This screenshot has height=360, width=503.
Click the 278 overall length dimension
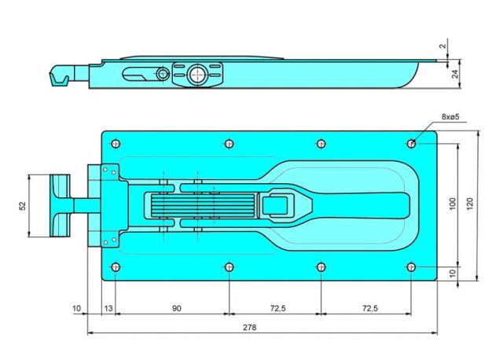pyautogui.click(x=249, y=328)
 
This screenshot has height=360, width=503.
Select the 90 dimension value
pyautogui.click(x=176, y=308)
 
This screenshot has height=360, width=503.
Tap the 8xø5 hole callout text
pyautogui.click(x=450, y=116)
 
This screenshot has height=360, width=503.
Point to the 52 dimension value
pyautogui.click(x=23, y=206)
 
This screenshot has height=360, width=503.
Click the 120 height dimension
pyautogui.click(x=469, y=204)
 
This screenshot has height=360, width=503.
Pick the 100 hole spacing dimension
pyautogui.click(x=453, y=204)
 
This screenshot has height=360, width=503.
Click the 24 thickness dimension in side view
pyautogui.click(x=455, y=74)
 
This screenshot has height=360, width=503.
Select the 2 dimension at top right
pyautogui.click(x=442, y=46)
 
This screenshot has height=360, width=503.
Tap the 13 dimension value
pyautogui.click(x=108, y=308)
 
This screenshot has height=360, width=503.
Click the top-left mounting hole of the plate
pyautogui.click(x=116, y=143)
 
